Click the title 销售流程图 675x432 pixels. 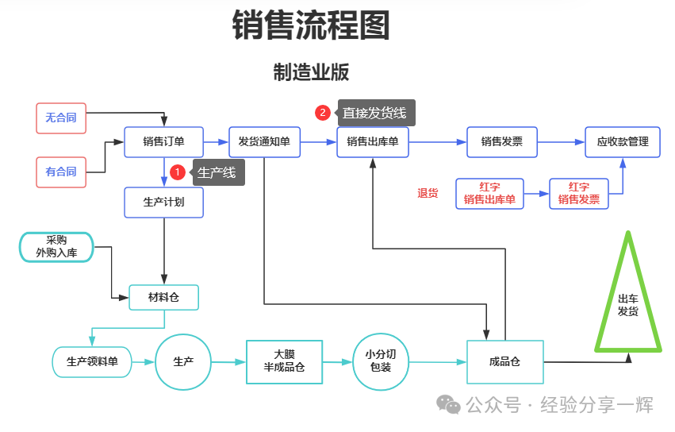[x=311, y=25]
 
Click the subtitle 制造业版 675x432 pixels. [x=311, y=72]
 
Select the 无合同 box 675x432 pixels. [x=61, y=118]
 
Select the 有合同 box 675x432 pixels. [x=61, y=172]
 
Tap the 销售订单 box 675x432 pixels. [x=163, y=142]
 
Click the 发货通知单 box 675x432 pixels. [x=264, y=142]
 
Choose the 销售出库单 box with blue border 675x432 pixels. [x=373, y=142]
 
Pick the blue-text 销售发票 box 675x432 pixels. [x=502, y=142]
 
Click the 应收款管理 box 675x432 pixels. [x=623, y=142]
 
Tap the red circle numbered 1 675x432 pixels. [x=178, y=172]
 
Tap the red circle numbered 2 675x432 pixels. [x=323, y=113]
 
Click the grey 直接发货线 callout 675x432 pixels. [x=375, y=113]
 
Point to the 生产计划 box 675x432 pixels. [x=163, y=202]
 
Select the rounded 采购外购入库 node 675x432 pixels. [x=56, y=247]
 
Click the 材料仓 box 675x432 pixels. [x=163, y=298]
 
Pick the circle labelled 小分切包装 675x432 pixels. [x=381, y=361]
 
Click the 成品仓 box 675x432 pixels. [x=505, y=362]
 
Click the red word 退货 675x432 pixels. [x=428, y=193]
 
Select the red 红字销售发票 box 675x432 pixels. [x=579, y=193]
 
